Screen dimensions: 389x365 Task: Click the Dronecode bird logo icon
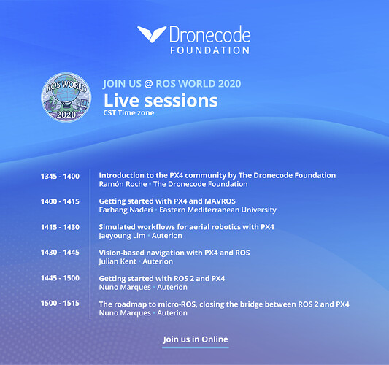pos(152,34)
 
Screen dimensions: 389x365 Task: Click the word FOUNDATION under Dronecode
pos(210,50)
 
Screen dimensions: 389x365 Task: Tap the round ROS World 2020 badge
pos(66,97)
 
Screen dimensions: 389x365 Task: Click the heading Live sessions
pos(161,101)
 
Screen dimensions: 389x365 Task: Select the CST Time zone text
pos(128,113)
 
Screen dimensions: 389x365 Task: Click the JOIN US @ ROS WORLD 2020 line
pos(172,84)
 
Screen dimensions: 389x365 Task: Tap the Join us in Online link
pos(196,339)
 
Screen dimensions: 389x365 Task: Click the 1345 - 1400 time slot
pos(60,177)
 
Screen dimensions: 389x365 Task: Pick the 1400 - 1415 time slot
pos(60,201)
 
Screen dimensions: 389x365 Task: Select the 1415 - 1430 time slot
pos(60,227)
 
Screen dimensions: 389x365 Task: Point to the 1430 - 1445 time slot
pos(60,253)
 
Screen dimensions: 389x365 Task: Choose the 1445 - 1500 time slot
pos(60,278)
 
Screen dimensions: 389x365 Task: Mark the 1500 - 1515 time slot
pos(60,303)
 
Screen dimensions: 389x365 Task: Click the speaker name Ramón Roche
pos(123,184)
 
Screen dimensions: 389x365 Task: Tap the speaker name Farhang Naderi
pos(126,210)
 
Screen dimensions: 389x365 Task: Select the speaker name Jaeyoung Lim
pos(122,236)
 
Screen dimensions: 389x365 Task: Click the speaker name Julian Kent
pos(118,261)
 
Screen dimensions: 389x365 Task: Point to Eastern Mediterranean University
pos(217,210)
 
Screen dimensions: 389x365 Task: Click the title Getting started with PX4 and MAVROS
pos(167,201)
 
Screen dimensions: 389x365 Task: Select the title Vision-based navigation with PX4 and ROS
pos(174,253)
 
